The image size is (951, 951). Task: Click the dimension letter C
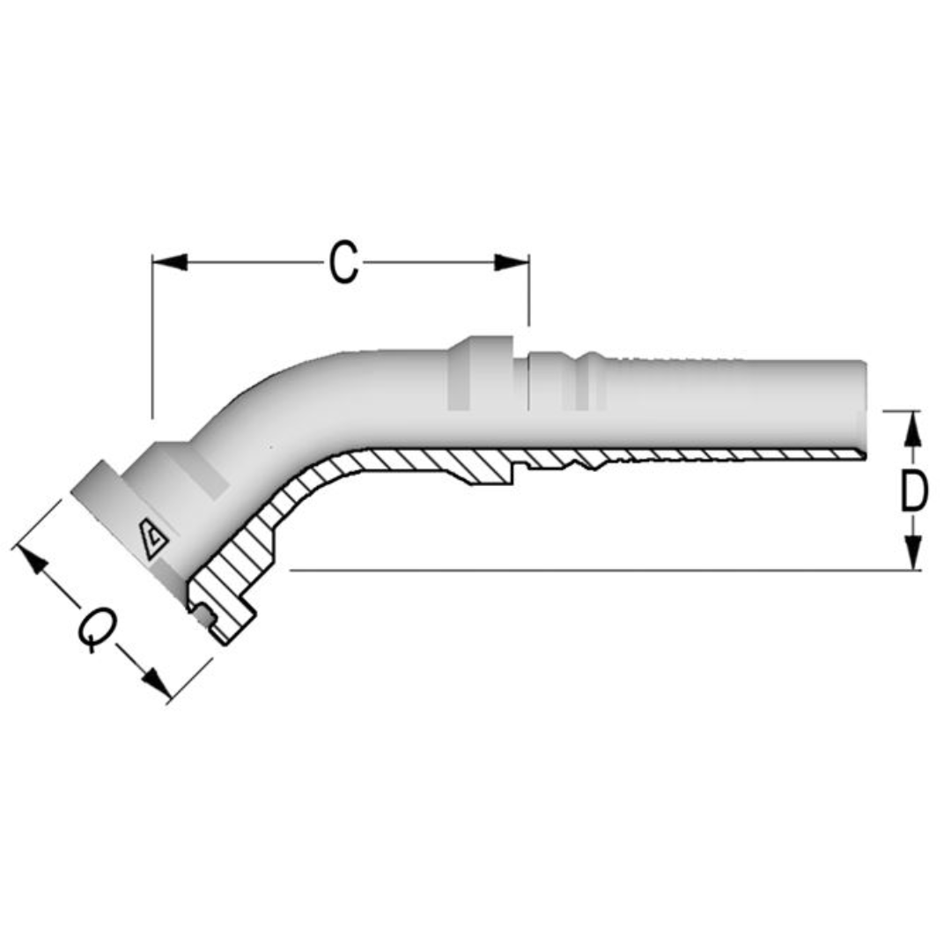[344, 263]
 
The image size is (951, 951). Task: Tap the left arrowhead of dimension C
[170, 262]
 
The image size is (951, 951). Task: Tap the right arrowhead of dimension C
[511, 262]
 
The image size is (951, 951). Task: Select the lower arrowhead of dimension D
[914, 554]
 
